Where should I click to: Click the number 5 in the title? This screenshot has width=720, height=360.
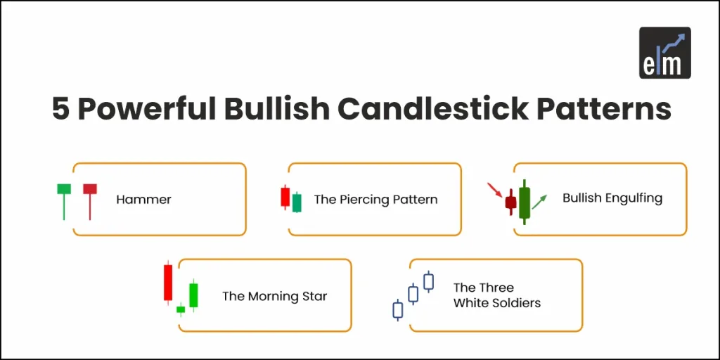pos(61,110)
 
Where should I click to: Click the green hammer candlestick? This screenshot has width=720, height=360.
pos(64,190)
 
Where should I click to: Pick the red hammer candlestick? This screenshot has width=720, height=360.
pos(89,190)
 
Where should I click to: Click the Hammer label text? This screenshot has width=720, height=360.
pos(143,200)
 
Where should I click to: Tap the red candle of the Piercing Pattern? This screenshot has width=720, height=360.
pos(285,197)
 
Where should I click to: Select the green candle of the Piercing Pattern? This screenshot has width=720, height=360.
pos(297,202)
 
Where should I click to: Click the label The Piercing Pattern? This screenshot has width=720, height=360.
pos(375,200)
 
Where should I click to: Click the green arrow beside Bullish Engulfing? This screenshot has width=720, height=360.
pos(539,202)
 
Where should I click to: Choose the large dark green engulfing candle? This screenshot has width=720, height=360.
pos(524,202)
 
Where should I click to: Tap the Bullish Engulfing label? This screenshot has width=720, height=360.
pos(612,198)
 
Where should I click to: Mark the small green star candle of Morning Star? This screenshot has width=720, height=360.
pos(181,309)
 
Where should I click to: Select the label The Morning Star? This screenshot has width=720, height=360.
pos(274,296)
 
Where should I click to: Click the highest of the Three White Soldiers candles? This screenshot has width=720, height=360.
pos(428,281)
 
